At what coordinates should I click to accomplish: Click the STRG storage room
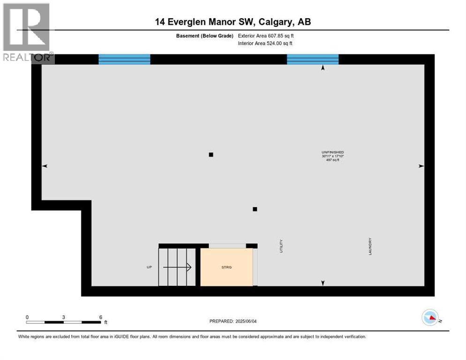226,267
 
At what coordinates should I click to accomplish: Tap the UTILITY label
281,246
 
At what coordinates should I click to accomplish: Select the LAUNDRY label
370,246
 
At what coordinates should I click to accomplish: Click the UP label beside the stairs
149,267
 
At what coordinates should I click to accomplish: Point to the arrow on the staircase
177,267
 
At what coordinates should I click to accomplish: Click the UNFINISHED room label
332,152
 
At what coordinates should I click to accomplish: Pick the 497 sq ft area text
332,160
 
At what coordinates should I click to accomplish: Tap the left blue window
124,59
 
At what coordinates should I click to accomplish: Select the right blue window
313,59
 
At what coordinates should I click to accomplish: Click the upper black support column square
211,155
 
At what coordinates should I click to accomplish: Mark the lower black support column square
255,209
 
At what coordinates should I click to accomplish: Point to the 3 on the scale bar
64,317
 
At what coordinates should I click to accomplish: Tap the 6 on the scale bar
101,317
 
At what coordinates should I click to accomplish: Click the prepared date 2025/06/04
246,321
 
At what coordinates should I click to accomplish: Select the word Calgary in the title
275,22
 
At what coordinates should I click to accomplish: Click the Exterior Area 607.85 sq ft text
266,36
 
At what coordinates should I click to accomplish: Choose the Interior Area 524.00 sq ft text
265,44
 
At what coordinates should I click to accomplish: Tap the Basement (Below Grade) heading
205,36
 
